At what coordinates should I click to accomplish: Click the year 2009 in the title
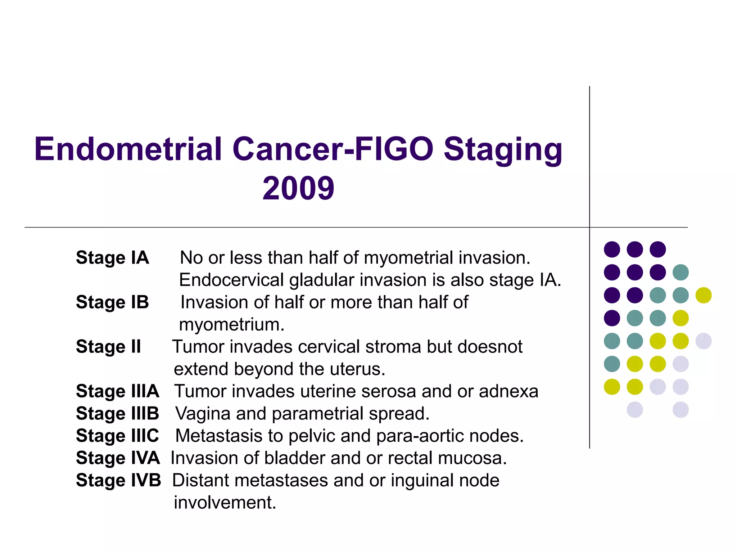coord(298,188)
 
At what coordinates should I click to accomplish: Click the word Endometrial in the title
coord(128,149)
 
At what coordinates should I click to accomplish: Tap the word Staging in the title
coord(503,150)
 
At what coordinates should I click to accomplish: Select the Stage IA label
coord(112,258)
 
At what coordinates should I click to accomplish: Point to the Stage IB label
coord(112,302)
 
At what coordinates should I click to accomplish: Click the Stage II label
coord(108,347)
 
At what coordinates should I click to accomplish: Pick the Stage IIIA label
coord(117,391)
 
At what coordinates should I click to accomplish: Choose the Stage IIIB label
coord(117,413)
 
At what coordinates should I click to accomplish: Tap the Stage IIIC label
coord(117,436)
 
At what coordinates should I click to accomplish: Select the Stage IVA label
coord(118,458)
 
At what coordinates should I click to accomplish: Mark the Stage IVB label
coord(118,480)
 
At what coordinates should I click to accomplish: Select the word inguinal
coord(421,481)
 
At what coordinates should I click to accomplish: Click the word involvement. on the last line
coord(225,503)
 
